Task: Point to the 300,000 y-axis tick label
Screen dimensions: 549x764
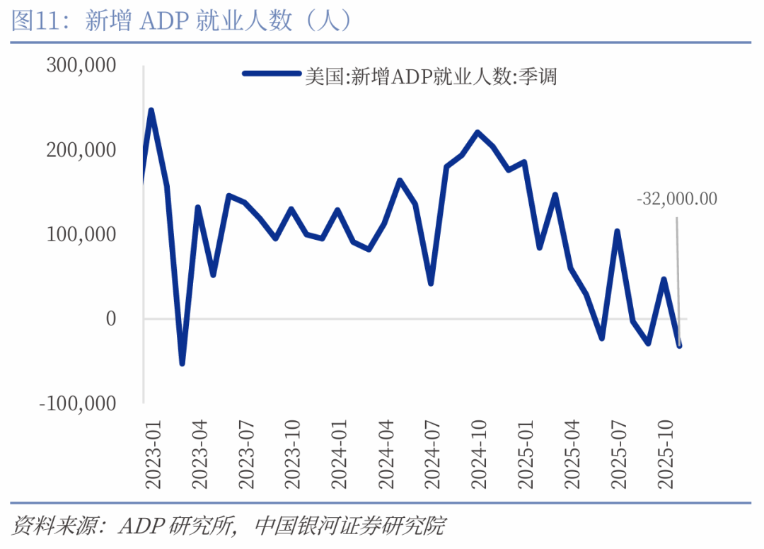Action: coord(81,66)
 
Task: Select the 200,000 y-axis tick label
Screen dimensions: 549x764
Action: coord(81,150)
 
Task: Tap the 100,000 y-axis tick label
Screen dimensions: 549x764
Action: coord(81,234)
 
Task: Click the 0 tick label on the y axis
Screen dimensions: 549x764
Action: coord(110,319)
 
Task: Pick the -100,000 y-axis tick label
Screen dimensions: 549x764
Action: coord(77,403)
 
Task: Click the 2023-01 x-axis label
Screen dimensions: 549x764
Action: coord(154,453)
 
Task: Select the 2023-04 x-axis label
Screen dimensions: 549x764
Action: coord(200,453)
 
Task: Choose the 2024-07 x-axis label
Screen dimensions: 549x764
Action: coord(434,453)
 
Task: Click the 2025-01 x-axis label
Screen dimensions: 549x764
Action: coord(527,453)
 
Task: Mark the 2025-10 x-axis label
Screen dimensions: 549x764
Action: coord(667,453)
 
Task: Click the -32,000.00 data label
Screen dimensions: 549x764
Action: coord(676,199)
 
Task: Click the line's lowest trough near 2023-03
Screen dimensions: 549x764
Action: coord(182,363)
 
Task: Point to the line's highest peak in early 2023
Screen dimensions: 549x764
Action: coord(151,110)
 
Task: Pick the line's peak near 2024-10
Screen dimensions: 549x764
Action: coord(477,132)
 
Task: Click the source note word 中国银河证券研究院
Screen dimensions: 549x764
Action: coord(349,526)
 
